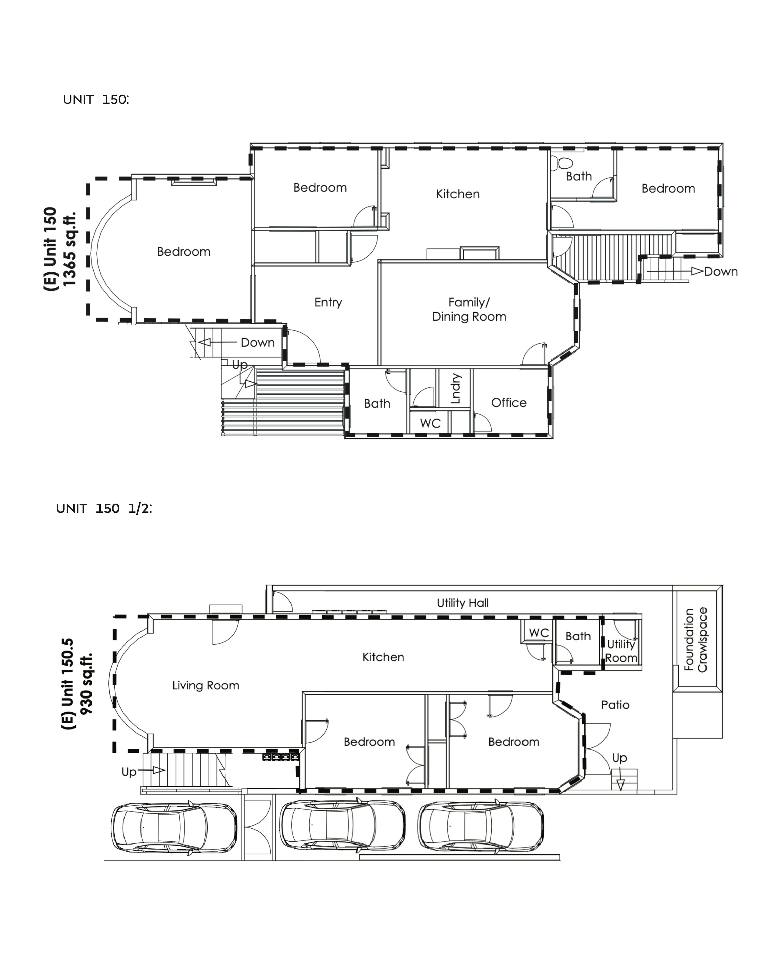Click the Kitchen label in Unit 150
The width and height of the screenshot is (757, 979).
point(458,194)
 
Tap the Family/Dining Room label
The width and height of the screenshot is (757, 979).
point(469,309)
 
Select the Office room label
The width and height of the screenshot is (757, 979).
point(509,403)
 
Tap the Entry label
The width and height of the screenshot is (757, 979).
point(328,302)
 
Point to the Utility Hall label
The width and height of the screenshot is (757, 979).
point(463,603)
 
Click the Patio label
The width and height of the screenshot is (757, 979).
point(615,705)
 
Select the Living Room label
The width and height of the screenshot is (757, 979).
point(206,685)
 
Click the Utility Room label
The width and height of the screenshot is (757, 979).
point(621,651)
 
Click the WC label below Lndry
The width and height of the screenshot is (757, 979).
point(431,423)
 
